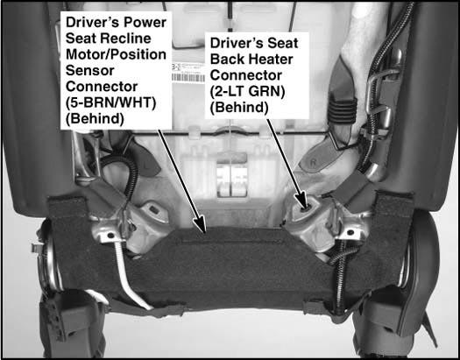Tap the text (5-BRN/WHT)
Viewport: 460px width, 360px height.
tap(110, 103)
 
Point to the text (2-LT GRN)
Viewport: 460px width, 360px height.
tap(247, 92)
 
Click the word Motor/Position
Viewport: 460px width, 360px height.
tap(117, 55)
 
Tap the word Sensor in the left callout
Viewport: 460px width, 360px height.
tap(90, 71)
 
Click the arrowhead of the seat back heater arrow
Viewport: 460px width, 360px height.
tap(304, 202)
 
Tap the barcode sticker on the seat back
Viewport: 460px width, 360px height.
tap(188, 73)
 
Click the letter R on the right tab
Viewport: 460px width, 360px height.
tap(313, 163)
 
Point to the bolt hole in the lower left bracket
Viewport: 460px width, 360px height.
tap(110, 235)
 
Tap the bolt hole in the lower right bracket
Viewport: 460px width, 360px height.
tap(350, 233)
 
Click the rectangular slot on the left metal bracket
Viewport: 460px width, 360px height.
tap(153, 209)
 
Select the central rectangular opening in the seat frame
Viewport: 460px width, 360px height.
tap(232, 180)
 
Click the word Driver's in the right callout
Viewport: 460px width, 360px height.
tap(230, 43)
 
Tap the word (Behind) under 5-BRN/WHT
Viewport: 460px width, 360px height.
tap(95, 119)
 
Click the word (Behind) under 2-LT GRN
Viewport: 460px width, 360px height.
tap(239, 108)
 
